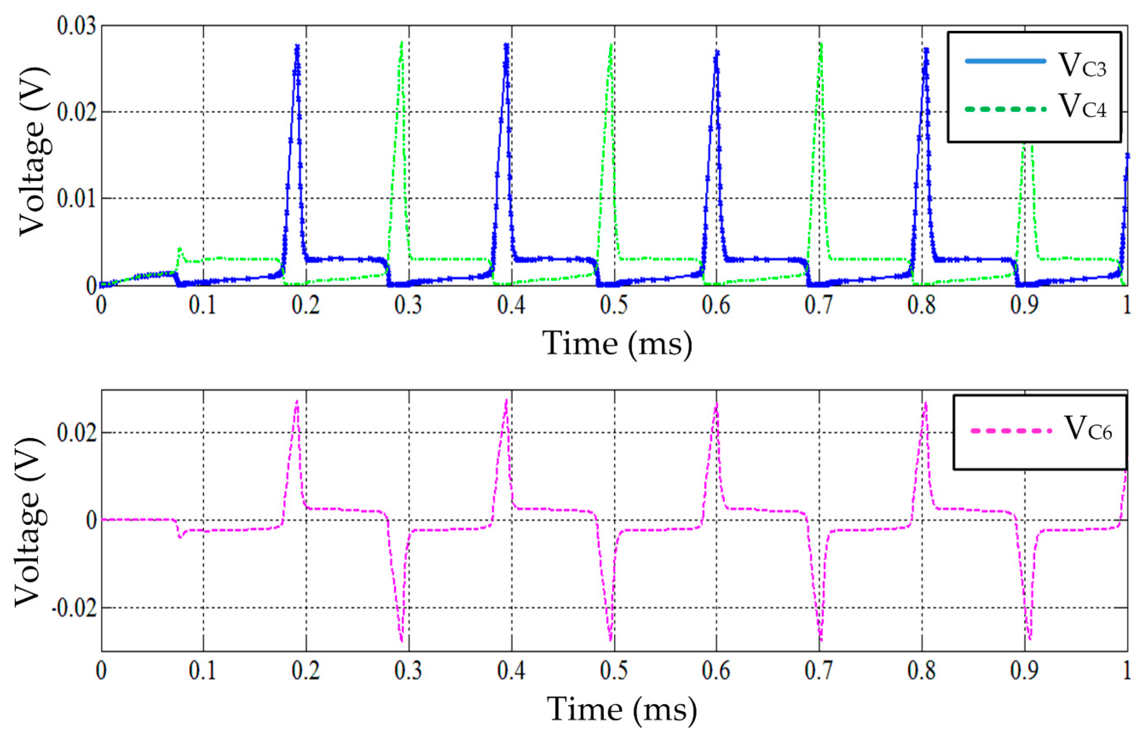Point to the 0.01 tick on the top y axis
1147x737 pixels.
(76, 198)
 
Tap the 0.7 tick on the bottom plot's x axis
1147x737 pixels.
(819, 671)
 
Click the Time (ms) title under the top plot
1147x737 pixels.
(617, 344)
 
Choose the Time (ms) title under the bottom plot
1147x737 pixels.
(622, 709)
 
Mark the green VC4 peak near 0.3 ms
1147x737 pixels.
(401, 43)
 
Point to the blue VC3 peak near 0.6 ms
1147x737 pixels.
(716, 52)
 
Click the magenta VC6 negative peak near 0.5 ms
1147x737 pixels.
(611, 640)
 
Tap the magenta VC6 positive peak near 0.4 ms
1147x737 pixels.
(506, 400)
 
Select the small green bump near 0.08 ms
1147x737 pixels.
(179, 248)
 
